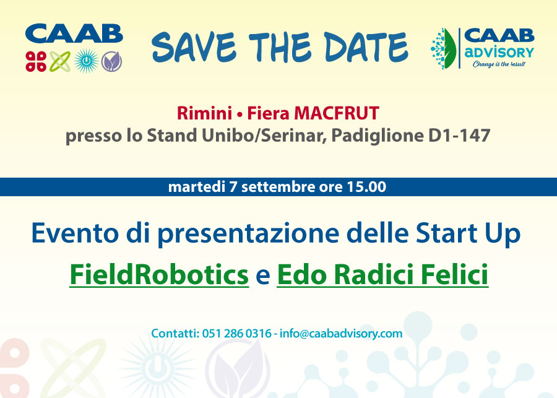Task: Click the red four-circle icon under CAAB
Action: coord(36,61)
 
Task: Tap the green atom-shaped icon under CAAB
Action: coord(60,61)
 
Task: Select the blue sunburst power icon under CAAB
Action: coord(86,61)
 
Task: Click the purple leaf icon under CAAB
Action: coord(111,61)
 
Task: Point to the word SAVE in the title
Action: coord(194,46)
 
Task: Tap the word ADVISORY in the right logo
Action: coord(499,53)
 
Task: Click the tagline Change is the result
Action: coord(499,64)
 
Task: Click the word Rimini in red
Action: coord(204,113)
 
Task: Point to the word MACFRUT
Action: coord(337,113)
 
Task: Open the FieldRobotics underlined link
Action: coord(159,275)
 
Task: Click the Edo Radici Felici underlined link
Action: coord(382,275)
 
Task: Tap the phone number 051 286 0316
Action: coord(236,334)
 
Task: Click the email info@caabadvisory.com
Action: coord(341,334)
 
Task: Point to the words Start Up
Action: coord(468,233)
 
